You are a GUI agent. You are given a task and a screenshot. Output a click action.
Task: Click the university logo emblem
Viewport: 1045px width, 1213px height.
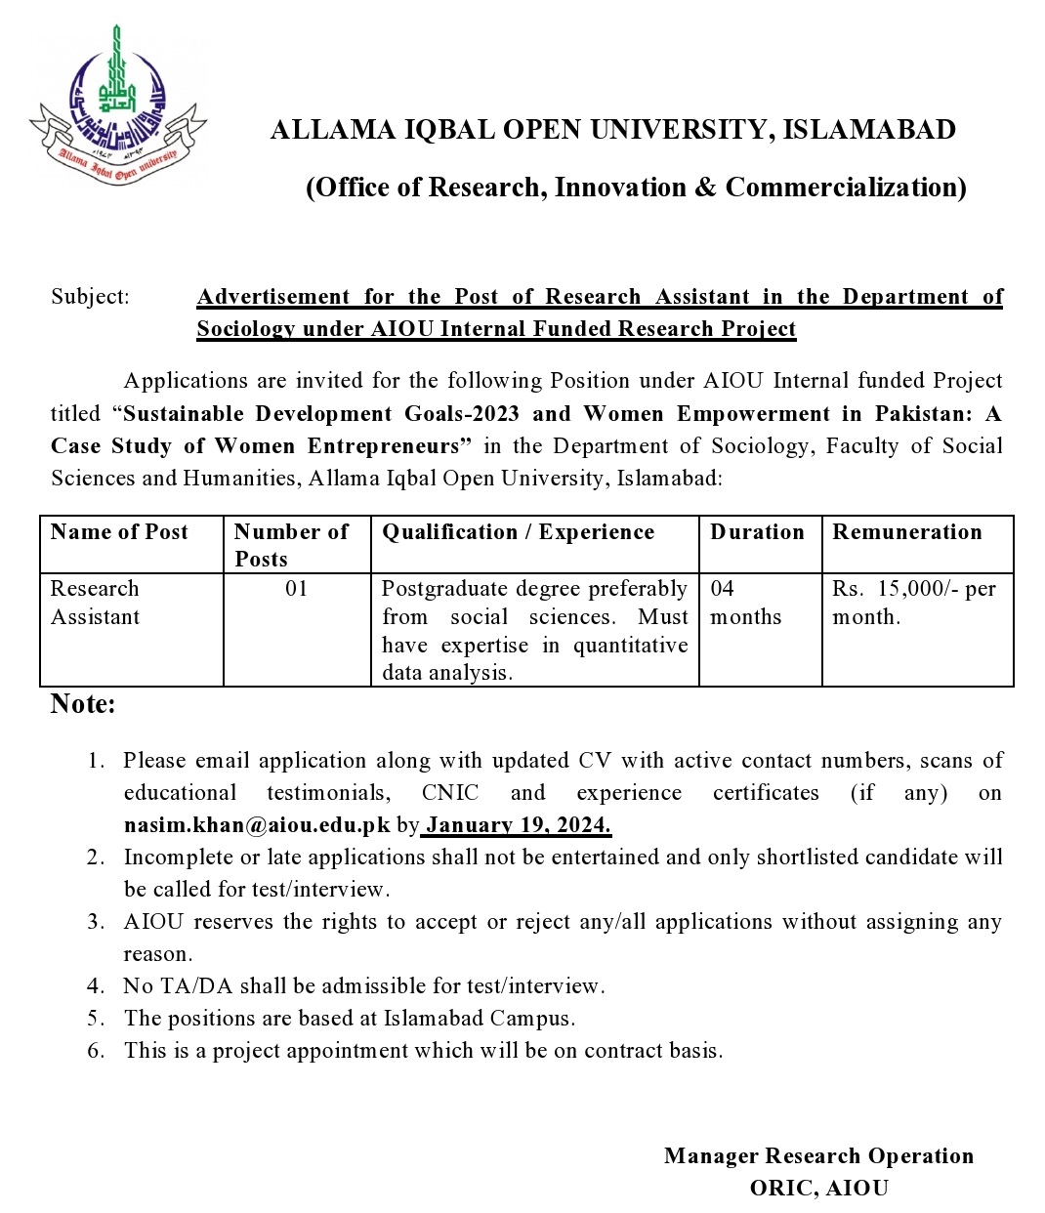(118, 107)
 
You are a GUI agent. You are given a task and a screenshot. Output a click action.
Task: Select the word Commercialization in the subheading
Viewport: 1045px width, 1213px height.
(846, 188)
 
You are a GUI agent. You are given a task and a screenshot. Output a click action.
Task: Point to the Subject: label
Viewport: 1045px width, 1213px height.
(90, 297)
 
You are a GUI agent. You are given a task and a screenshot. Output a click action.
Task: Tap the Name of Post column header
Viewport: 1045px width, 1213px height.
(119, 532)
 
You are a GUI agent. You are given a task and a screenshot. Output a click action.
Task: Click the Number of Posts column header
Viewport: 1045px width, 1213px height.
(291, 545)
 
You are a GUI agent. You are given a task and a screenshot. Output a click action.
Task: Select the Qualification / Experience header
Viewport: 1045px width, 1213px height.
(518, 532)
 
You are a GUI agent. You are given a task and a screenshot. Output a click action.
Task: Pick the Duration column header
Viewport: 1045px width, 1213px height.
(757, 532)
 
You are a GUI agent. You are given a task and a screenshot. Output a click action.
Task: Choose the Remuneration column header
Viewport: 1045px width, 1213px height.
(907, 532)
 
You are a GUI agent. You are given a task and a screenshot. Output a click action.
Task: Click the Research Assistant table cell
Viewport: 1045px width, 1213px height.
(96, 603)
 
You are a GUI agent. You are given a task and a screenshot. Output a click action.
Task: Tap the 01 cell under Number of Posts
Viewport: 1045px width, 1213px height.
(296, 589)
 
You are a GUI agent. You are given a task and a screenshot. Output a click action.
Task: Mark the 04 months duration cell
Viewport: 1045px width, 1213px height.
(745, 603)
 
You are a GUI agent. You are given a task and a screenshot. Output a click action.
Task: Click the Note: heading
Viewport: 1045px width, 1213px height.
(83, 704)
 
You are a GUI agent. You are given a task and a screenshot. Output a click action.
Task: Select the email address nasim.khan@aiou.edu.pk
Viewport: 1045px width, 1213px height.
(257, 825)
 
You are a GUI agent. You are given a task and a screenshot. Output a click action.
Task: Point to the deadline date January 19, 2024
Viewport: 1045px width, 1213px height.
(518, 825)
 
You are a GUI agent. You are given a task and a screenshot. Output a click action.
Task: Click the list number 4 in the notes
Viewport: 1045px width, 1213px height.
(95, 986)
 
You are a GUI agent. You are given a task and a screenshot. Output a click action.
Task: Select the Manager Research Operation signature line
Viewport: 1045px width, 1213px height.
(818, 1156)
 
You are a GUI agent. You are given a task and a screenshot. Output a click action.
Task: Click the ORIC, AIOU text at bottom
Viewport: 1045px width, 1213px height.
(818, 1189)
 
